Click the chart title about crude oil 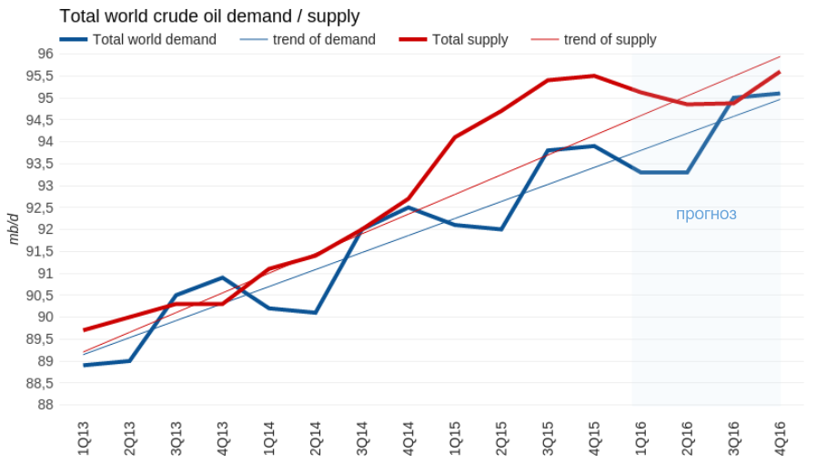[209, 16]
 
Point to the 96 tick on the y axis [45, 54]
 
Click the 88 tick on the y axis [45, 405]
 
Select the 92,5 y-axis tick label [39, 207]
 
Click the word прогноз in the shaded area [706, 215]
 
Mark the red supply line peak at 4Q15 [594, 76]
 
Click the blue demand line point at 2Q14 [315, 312]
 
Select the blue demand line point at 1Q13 [84, 365]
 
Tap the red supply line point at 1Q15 [455, 137]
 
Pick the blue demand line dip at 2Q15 [501, 229]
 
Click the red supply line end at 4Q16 [780, 72]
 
